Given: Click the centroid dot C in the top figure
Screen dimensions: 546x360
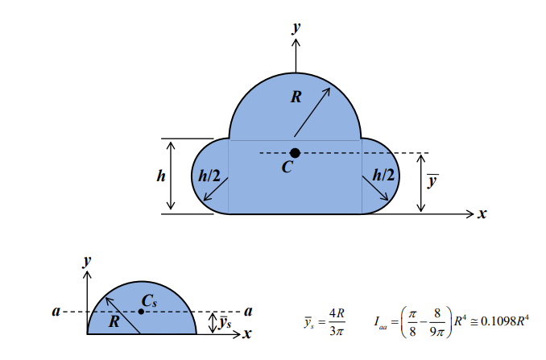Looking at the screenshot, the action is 295,153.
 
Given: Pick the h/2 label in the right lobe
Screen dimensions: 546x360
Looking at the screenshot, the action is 386,175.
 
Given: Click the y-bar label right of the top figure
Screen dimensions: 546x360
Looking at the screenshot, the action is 432,182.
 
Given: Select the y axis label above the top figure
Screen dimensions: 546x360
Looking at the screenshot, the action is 296,27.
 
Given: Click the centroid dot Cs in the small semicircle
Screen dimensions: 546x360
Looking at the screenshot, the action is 141,311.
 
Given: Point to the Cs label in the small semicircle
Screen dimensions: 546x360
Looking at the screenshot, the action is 149,300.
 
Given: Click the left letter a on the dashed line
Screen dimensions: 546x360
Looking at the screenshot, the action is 57,310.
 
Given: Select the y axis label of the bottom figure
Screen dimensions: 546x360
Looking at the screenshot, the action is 87,260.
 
